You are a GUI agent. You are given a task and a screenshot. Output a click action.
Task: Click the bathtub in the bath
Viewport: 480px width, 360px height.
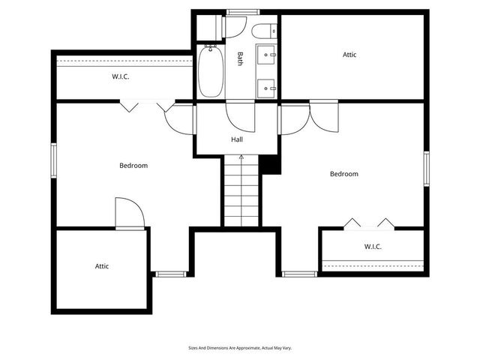pyautogui.click(x=210, y=72)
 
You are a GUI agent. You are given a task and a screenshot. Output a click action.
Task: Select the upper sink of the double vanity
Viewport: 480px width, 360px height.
pyautogui.click(x=267, y=55)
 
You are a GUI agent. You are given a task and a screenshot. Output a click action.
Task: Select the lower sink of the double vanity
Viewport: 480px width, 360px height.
pyautogui.click(x=267, y=87)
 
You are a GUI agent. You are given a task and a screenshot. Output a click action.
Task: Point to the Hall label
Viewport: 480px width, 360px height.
pyautogui.click(x=237, y=139)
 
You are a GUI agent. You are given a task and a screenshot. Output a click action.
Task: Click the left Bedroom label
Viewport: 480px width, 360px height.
pyautogui.click(x=133, y=166)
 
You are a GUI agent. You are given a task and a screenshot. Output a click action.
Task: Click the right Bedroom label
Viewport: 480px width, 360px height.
pyautogui.click(x=344, y=174)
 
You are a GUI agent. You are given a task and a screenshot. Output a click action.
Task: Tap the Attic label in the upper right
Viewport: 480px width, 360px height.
pyautogui.click(x=349, y=55)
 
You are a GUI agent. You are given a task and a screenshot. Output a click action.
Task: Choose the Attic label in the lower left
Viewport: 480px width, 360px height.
pyautogui.click(x=102, y=266)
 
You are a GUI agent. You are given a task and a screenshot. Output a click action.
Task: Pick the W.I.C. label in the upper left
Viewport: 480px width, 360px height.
pyautogui.click(x=121, y=76)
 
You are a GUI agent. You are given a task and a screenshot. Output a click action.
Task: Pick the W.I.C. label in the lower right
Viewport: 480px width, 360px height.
pyautogui.click(x=373, y=246)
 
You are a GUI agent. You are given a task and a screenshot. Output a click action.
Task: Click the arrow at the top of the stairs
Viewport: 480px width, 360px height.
pyautogui.click(x=241, y=158)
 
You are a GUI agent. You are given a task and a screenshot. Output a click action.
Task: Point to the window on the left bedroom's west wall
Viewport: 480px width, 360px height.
pyautogui.click(x=53, y=160)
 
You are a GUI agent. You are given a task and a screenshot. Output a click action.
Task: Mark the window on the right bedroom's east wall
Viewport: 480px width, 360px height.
pyautogui.click(x=426, y=168)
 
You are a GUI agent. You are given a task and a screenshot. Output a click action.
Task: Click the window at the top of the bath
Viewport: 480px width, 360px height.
pyautogui.click(x=242, y=12)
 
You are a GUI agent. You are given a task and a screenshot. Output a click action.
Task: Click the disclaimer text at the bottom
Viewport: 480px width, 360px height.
pyautogui.click(x=240, y=348)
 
